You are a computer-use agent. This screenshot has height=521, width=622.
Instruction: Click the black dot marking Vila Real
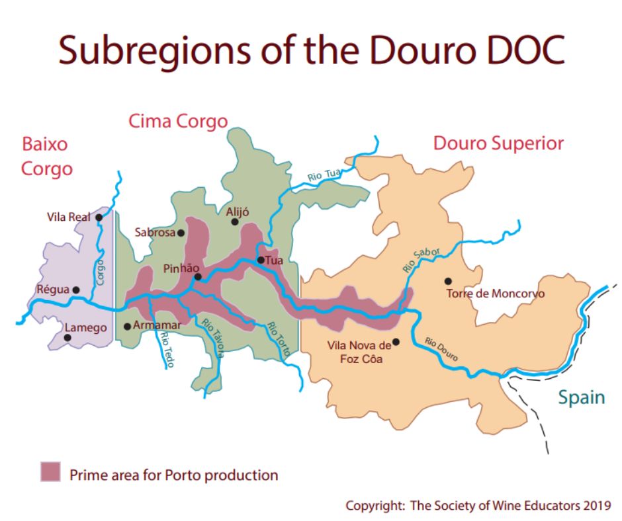point(99,217)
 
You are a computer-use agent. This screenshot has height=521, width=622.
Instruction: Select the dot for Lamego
point(67,337)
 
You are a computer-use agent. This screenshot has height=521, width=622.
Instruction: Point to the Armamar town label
point(156,325)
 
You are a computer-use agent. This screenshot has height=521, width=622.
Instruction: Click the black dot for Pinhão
point(198,277)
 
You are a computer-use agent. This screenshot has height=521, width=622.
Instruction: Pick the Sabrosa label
point(154,232)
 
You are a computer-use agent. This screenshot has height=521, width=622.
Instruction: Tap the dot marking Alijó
point(234,221)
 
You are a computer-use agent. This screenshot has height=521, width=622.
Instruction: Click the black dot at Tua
point(261,260)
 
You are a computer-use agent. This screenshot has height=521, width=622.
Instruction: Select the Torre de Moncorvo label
point(496,294)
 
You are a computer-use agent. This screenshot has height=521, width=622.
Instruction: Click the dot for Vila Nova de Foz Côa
point(396,342)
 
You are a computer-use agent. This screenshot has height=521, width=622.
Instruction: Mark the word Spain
point(581,397)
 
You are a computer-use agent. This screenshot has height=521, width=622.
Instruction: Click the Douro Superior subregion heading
point(498,143)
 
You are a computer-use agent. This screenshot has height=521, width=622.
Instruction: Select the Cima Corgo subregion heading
point(177,121)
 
